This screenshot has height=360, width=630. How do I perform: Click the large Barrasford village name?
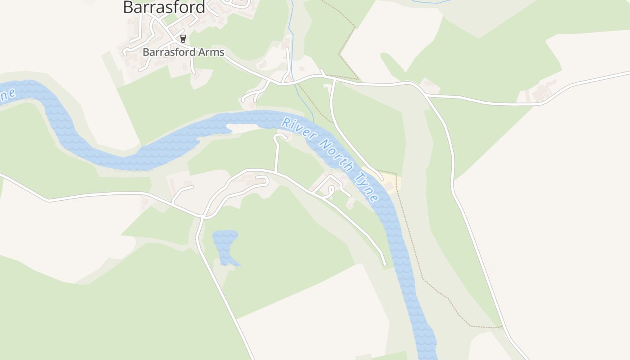coord(164,7)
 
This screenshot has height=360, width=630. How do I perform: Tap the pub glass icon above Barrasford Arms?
coord(183,39)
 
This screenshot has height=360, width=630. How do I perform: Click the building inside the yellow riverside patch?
coord(389,186)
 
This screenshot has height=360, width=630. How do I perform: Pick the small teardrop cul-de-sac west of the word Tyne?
coord(331,191)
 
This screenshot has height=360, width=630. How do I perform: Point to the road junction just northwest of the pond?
coord(202,217)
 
